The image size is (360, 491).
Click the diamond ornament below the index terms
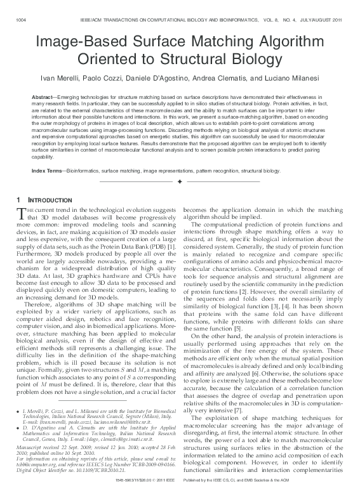click(180, 182)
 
